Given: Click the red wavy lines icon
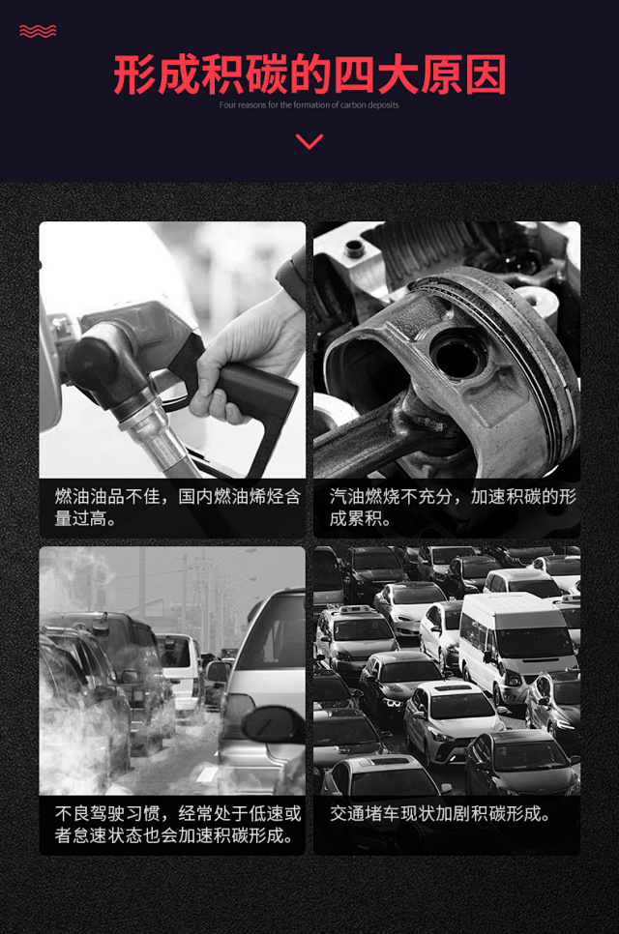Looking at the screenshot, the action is click(x=38, y=31).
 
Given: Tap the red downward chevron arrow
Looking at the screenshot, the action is click(x=309, y=141).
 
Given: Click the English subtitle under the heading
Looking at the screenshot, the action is click(x=309, y=104).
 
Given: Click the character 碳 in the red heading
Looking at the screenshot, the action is click(x=266, y=75).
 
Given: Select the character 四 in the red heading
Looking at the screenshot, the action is click(x=354, y=75).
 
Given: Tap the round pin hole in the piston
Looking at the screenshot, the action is click(x=457, y=355).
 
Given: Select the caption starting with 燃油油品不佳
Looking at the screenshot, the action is click(x=177, y=507).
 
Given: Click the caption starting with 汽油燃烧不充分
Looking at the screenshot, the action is click(x=453, y=507).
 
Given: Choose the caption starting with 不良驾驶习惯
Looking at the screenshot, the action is click(x=177, y=825).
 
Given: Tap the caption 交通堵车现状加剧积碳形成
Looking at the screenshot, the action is click(x=440, y=814).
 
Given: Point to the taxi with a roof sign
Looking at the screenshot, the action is click(x=355, y=637).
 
